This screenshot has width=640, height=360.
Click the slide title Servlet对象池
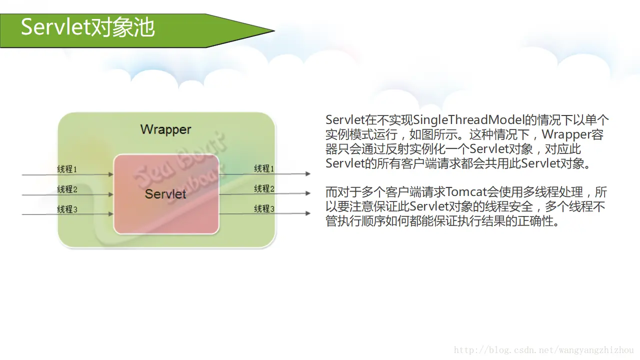pyautogui.click(x=87, y=27)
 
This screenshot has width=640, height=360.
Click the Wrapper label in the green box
pyautogui.click(x=165, y=129)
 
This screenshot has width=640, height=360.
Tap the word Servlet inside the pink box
pyautogui.click(x=165, y=194)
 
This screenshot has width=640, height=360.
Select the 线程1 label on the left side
pyautogui.click(x=67, y=169)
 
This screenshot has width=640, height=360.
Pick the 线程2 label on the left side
pyautogui.click(x=67, y=189)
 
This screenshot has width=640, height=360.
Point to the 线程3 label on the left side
pyautogui.click(x=67, y=209)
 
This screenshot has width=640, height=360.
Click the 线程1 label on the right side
pyautogui.click(x=264, y=168)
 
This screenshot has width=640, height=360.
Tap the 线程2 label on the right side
pyautogui.click(x=264, y=188)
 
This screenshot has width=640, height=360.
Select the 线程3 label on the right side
pyautogui.click(x=264, y=208)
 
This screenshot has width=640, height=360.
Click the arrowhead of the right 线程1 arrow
pyautogui.click(x=308, y=174)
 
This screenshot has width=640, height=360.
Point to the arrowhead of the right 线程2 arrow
pyautogui.click(x=308, y=193)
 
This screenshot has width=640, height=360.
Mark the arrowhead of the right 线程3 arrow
pyautogui.click(x=308, y=213)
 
